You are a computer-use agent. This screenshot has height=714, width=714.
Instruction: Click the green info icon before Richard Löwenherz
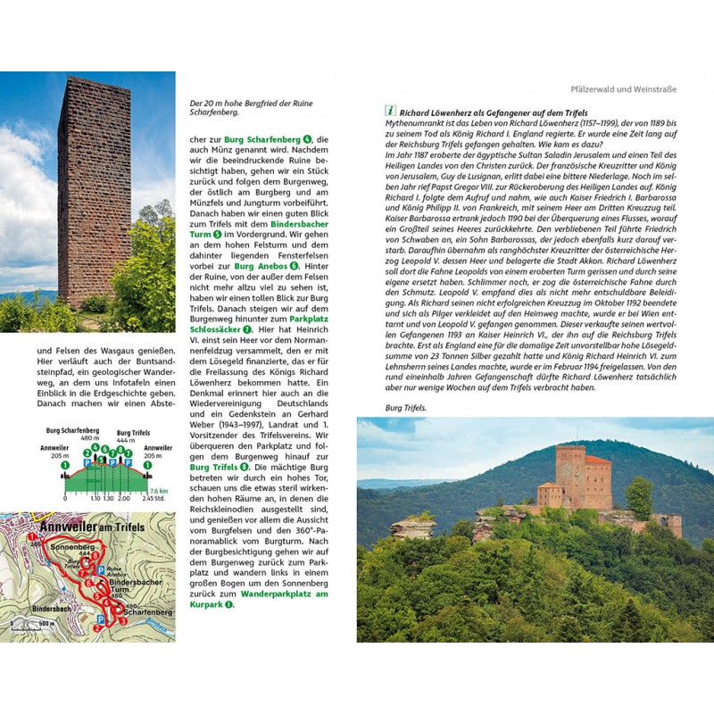click(390, 112)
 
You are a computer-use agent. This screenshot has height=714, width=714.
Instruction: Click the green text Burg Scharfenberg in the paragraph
click(263, 140)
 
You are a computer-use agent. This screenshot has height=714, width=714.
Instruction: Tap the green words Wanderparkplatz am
click(284, 593)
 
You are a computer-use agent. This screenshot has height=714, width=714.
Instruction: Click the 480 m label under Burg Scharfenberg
click(88, 438)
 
